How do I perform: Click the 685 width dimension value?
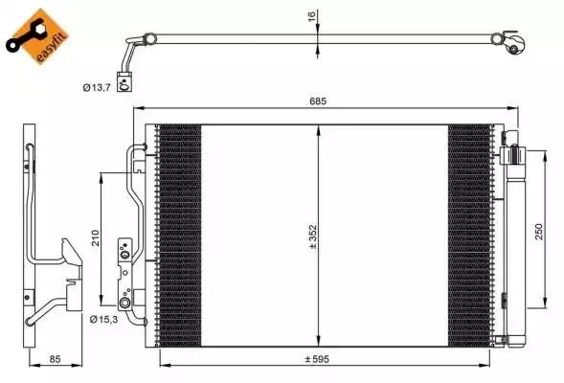click(x=318, y=101)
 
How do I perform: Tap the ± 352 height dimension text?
click(x=313, y=237)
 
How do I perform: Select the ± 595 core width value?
click(x=317, y=359)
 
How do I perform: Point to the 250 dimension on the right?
click(x=538, y=232)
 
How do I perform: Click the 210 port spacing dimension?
click(x=96, y=237)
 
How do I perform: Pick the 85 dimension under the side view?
click(x=55, y=359)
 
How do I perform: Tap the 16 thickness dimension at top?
click(x=312, y=16)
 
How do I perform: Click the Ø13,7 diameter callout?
click(x=97, y=87)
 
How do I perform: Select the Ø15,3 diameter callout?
click(x=104, y=319)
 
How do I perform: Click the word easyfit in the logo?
click(x=53, y=47)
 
